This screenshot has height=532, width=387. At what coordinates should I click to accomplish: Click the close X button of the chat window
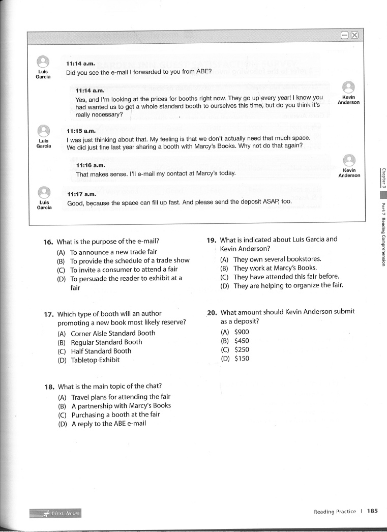(354, 35)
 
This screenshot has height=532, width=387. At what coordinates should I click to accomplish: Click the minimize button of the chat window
(345, 35)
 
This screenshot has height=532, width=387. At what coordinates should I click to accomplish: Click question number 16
(49, 242)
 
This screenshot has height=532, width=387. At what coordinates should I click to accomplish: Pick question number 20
(212, 312)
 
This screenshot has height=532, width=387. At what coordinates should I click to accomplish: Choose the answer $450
(242, 341)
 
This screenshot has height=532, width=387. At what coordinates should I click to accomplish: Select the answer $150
(242, 359)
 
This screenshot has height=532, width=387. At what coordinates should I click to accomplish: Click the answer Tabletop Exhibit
(95, 360)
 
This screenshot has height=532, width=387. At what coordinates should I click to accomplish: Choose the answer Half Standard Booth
(101, 351)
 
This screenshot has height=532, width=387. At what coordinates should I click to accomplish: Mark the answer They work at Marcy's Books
(275, 268)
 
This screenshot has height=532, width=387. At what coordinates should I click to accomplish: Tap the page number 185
(372, 511)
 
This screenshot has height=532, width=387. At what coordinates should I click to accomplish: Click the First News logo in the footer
(56, 513)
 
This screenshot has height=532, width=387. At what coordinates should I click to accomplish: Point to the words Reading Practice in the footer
(335, 512)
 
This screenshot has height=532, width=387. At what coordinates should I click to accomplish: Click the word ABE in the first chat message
(196, 72)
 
